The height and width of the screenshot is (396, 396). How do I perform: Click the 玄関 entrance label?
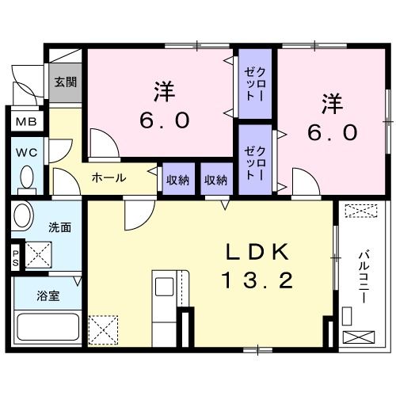(66, 81)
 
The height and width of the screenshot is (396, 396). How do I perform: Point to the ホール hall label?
(109, 178)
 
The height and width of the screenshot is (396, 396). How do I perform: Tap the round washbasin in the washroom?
(22, 216)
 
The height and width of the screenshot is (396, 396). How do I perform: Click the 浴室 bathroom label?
(48, 297)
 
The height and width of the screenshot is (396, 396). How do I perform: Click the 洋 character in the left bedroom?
(164, 91)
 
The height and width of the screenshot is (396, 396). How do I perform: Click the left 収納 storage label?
(177, 180)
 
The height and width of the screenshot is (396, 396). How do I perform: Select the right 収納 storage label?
(215, 180)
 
